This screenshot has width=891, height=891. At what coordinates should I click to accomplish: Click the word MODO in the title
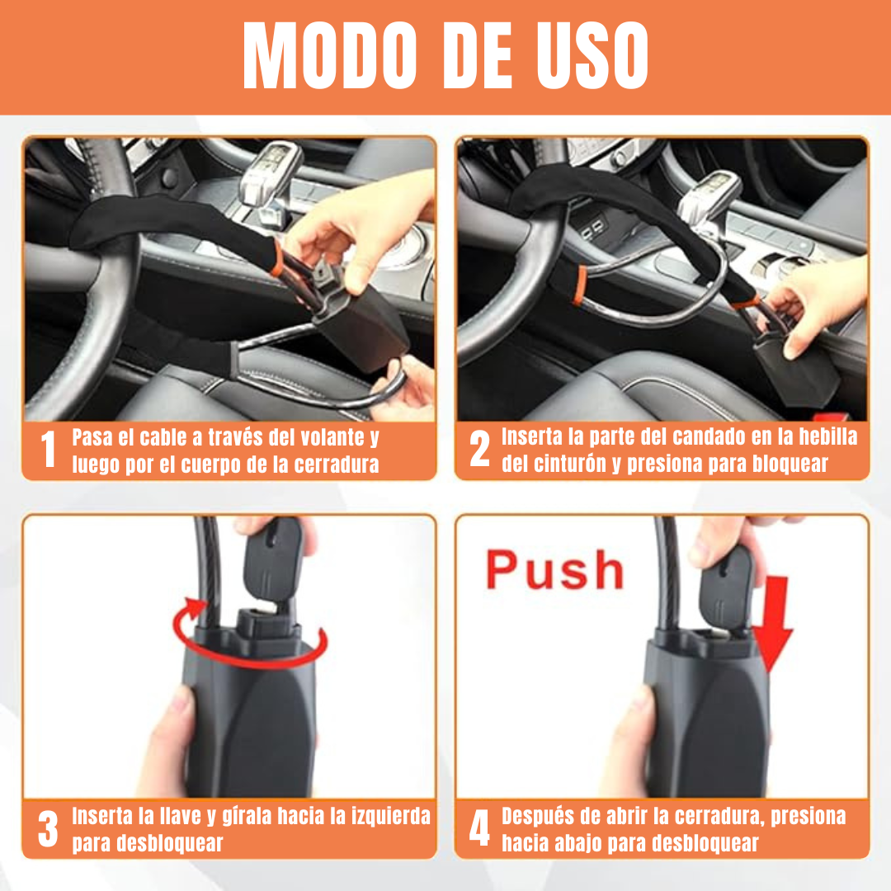point(329,56)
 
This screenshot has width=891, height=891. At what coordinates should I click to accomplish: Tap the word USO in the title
point(592,56)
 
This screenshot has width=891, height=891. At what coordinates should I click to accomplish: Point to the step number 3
point(49,828)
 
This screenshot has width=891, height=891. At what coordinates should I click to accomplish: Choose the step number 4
point(479,828)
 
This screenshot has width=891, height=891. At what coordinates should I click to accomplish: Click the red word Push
point(554,569)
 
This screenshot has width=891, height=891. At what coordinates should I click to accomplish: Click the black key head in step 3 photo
point(271,559)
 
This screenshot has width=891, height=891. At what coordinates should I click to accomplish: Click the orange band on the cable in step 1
point(277,260)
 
